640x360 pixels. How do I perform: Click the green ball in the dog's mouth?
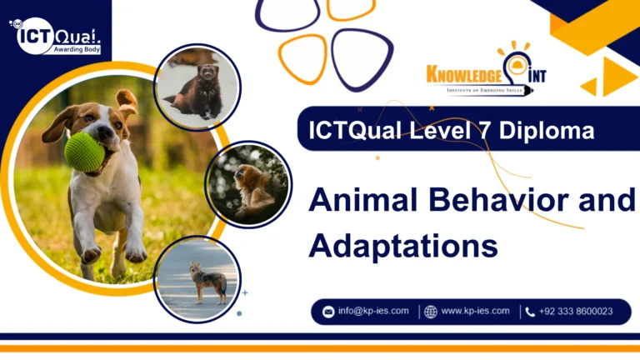[x=85, y=152]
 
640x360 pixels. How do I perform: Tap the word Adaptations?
[x=402, y=245]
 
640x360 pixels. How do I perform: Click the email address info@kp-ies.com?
[x=373, y=311]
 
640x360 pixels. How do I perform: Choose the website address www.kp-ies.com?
[x=475, y=311]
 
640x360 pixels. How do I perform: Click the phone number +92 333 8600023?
[x=576, y=311]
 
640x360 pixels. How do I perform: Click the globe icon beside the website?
[x=430, y=312]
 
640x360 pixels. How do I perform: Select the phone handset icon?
[x=530, y=312]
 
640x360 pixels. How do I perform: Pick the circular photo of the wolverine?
[x=198, y=87]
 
